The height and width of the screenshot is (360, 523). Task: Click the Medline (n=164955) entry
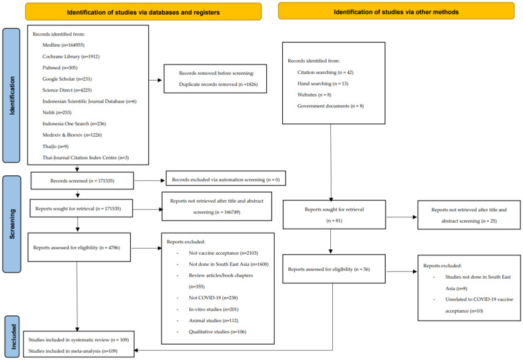[x=63, y=45]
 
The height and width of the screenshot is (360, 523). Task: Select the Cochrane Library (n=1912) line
[x=71, y=56]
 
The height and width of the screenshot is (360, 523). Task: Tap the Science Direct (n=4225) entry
[x=67, y=90]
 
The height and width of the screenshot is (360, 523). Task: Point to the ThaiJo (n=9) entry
[x=55, y=147]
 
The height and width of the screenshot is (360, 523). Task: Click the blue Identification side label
[x=12, y=95]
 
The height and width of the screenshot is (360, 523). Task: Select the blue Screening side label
[x=12, y=224]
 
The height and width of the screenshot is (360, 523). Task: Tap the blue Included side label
[x=13, y=337]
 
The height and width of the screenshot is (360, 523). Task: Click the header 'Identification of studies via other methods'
[x=396, y=12]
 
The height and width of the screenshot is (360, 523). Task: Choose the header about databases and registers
[x=143, y=12]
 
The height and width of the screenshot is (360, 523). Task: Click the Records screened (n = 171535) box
[x=82, y=181]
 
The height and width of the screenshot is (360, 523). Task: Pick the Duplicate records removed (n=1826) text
[x=218, y=84]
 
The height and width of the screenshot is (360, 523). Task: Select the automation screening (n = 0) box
[x=225, y=179]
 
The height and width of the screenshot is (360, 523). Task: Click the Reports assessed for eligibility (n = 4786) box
[x=79, y=247]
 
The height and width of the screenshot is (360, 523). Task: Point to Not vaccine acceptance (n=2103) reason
[x=223, y=253]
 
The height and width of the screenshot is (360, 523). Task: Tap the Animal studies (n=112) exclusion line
[x=213, y=320]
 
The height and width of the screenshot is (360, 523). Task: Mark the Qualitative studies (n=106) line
[x=217, y=332]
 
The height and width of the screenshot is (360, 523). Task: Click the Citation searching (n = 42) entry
[x=326, y=72]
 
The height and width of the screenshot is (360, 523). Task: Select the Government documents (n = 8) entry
[x=331, y=106]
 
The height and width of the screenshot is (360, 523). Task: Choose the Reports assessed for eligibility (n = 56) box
[x=334, y=269]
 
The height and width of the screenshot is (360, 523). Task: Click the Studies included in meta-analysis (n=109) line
[x=73, y=351]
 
